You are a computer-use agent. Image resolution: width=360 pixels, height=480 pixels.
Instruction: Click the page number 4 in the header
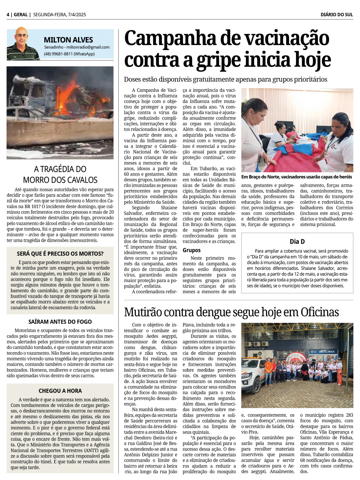8,15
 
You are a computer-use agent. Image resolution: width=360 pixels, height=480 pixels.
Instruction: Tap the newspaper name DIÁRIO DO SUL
337,15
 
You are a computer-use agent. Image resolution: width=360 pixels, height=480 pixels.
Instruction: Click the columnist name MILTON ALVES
68,40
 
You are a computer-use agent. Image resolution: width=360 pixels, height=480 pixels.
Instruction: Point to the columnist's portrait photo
22,44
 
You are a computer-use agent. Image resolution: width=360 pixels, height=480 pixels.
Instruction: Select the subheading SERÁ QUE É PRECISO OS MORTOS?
60,254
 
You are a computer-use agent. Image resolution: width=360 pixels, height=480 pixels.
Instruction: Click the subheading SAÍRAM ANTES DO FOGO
60,322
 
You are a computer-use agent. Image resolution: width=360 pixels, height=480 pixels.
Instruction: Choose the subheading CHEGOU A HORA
60,391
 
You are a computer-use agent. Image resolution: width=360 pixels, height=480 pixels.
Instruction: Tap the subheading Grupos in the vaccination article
192,250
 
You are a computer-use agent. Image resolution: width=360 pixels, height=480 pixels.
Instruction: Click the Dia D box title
297,241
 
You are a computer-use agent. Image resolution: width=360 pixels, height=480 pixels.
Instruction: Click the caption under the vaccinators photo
297,177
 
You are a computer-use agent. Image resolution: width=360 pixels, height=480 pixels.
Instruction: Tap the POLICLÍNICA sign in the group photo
327,352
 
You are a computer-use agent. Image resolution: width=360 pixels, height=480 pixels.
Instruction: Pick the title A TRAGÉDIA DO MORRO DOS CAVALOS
60,175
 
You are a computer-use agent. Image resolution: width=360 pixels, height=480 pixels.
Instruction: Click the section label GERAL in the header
21,15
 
